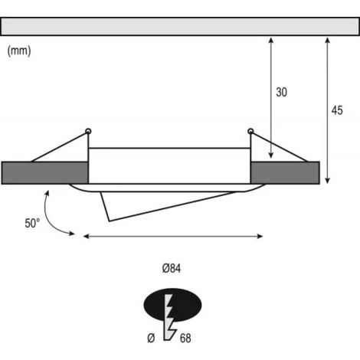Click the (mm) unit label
(19, 51)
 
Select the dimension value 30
(281, 92)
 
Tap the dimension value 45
(337, 110)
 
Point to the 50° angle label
(32, 223)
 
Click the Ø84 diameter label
(172, 268)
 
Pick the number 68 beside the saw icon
(185, 338)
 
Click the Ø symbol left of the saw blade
(151, 338)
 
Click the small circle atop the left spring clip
(88, 131)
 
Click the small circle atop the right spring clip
(250, 131)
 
